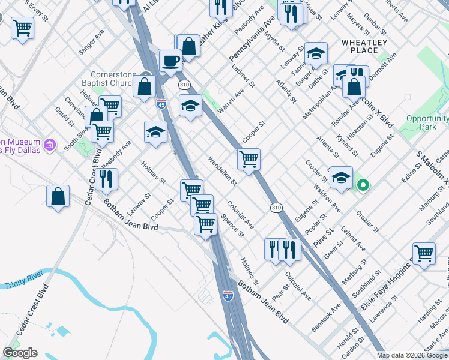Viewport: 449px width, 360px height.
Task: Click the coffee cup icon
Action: click(171, 61)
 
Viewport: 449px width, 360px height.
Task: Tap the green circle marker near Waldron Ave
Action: click(363, 185)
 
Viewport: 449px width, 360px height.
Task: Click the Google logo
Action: click(20, 353)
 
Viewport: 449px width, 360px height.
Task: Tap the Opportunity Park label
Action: click(427, 122)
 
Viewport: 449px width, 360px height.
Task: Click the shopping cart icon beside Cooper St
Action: click(249, 160)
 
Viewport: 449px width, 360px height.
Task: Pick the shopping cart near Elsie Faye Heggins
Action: click(424, 253)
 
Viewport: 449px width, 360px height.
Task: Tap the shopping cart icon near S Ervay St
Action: click(22, 27)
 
